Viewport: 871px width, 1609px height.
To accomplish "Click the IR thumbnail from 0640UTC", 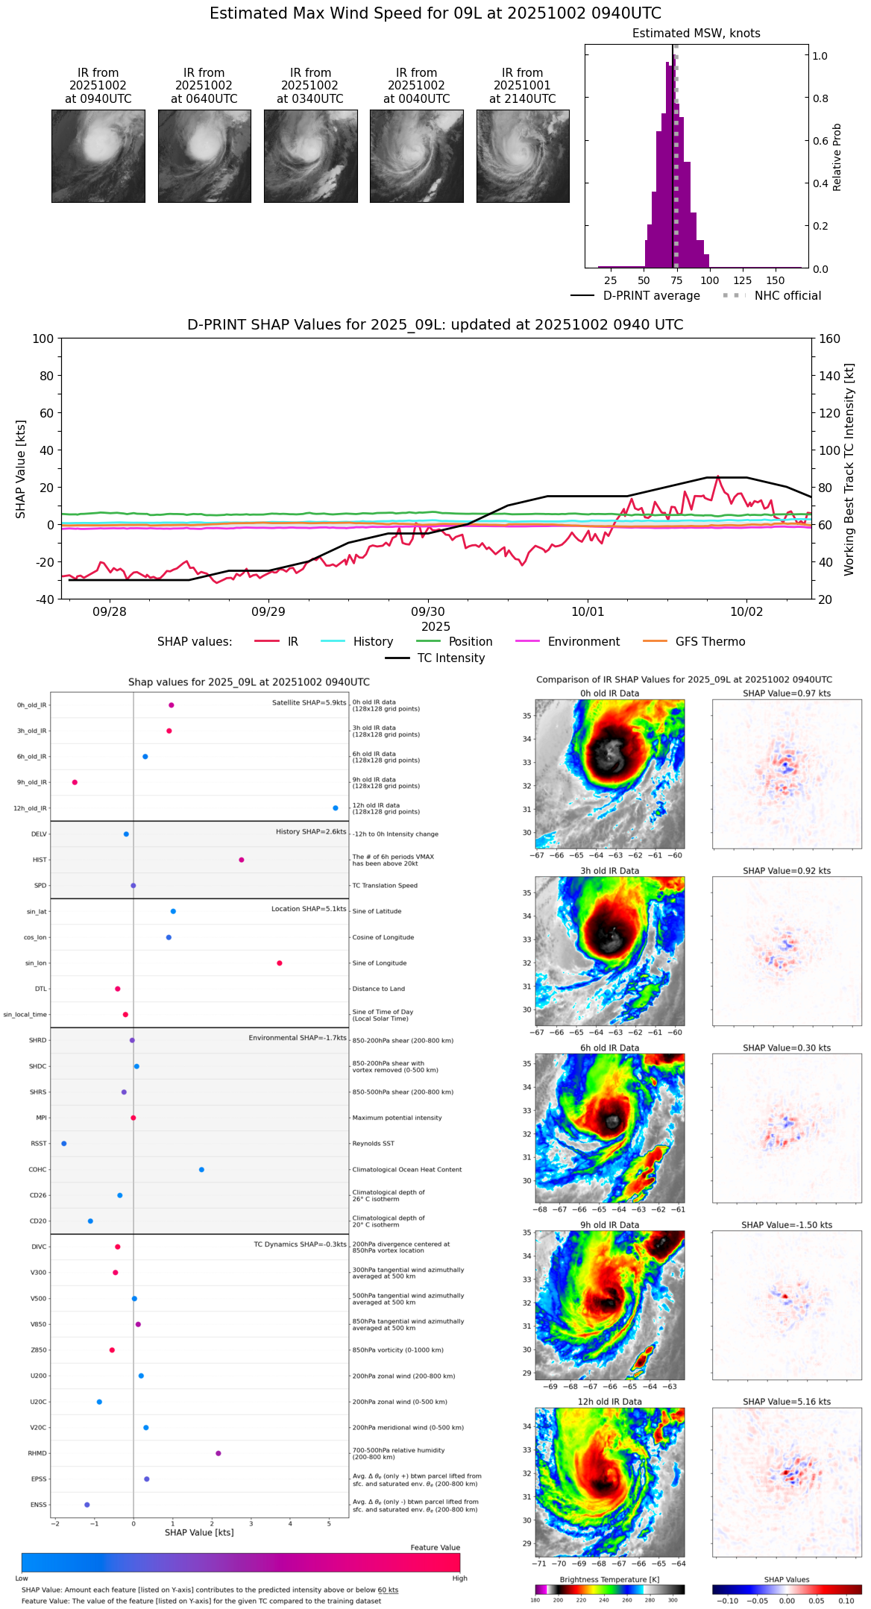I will point(204,156).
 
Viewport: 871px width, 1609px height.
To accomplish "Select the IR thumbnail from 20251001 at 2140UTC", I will point(523,156).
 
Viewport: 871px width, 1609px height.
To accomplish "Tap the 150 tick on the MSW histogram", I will point(776,280).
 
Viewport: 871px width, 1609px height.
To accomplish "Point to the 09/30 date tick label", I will point(428,612).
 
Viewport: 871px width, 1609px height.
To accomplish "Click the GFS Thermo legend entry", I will point(710,642).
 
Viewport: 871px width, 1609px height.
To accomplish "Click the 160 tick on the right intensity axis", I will point(829,339).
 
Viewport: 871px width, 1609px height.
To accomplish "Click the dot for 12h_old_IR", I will point(336,808).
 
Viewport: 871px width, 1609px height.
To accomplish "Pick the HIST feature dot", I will point(242,860).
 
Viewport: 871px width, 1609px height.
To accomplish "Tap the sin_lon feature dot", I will point(280,963).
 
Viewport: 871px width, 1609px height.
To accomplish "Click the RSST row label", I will point(38,1144).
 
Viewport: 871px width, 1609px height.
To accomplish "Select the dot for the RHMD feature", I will point(218,1453).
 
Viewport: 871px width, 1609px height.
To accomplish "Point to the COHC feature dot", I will point(201,1170).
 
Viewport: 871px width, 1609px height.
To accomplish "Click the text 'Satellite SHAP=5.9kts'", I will point(309,702).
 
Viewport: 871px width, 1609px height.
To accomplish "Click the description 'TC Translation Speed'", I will point(385,886).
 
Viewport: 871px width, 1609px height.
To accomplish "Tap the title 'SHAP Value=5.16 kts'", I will point(787,1402).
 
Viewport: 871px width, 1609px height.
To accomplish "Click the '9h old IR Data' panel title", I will point(609,1225).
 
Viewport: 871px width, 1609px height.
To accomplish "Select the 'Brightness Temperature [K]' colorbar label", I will point(609,1579).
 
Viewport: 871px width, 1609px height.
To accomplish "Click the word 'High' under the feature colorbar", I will point(459,1578).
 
